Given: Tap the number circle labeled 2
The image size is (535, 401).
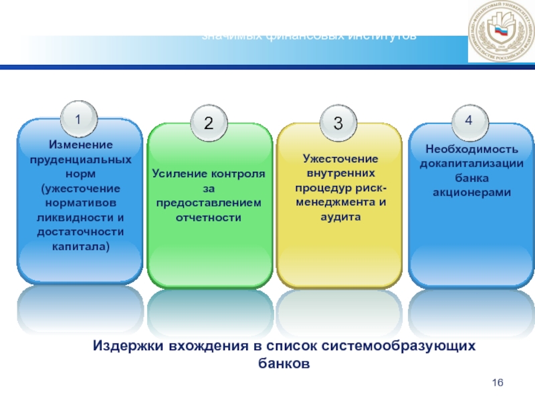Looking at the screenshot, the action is click(209, 123).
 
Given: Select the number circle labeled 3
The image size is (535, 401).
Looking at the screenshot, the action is click(338, 123).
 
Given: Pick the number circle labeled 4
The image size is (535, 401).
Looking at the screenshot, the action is click(469, 120).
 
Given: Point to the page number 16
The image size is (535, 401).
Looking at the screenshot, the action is click(497, 382).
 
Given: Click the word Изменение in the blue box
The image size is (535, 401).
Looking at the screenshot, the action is click(80, 144).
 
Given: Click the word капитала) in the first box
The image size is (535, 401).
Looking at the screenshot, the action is click(80, 247).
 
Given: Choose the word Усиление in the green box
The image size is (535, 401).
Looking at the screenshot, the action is click(177, 174).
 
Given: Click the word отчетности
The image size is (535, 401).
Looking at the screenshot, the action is click(209, 218).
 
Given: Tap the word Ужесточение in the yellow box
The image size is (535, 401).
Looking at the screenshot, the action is click(340, 159).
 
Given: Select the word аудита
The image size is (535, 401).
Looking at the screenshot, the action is click(340, 218).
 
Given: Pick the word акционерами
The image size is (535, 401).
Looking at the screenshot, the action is click(469, 192).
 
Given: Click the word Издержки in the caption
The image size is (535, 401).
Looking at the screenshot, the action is click(124, 346).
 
